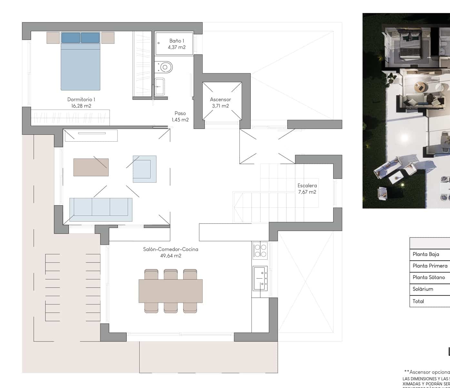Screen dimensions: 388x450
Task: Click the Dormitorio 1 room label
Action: click(x=81, y=100)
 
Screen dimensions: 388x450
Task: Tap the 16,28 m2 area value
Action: click(x=81, y=106)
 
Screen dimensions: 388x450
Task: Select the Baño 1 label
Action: click(x=176, y=41)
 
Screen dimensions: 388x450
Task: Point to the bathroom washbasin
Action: click(x=159, y=86)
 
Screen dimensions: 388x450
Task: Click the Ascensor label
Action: click(x=220, y=100)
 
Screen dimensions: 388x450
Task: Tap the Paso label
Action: click(x=180, y=113)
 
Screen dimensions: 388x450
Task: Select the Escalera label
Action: click(x=307, y=186)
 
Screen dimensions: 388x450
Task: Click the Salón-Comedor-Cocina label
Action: click(x=171, y=249)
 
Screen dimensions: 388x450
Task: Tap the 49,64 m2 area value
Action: click(x=171, y=256)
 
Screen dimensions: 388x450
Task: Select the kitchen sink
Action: click(x=260, y=277)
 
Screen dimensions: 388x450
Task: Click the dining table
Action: click(x=171, y=291)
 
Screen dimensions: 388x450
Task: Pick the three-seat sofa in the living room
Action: click(x=101, y=210)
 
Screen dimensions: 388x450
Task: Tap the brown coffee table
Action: click(x=91, y=167)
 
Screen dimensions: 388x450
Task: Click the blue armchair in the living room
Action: click(x=145, y=169)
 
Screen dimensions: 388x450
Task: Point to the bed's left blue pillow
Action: click(x=71, y=38)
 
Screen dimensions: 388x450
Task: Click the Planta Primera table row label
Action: click(x=430, y=266)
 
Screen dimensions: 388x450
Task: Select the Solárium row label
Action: click(x=423, y=289)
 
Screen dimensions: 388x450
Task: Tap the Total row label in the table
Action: click(x=418, y=301)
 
